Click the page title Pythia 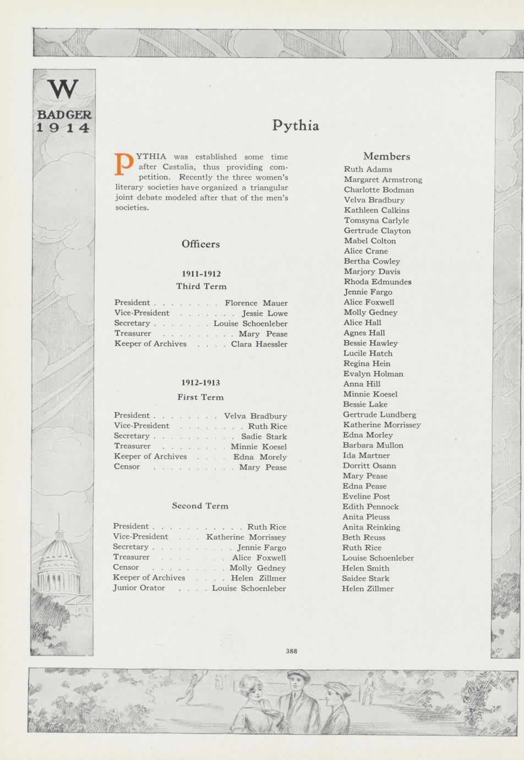296,126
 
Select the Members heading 386,156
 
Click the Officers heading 200,244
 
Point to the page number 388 291,651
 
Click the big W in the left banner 63,90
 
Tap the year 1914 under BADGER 63,128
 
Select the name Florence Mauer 256,303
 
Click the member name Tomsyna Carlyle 376,220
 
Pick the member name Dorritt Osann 369,465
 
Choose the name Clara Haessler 259,344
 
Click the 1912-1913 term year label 200,383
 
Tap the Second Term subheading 200,506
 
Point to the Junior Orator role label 139,588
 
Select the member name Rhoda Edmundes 378,281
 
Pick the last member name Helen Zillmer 368,588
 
